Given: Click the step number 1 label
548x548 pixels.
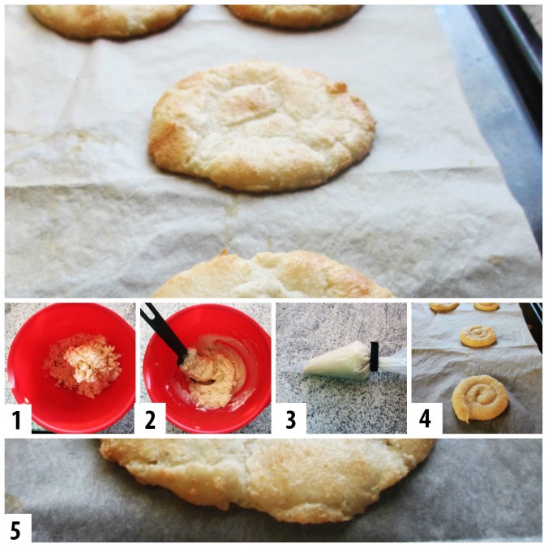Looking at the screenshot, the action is tap(16, 419).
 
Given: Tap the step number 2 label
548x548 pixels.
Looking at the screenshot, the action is tap(150, 419).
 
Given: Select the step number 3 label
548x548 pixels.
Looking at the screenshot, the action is tap(291, 419).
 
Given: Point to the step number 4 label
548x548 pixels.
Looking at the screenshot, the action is tap(425, 419).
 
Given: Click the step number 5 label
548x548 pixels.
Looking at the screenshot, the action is tap(15, 530).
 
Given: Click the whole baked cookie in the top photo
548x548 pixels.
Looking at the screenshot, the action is tap(262, 126).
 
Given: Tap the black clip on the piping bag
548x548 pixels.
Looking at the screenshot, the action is tap(375, 357).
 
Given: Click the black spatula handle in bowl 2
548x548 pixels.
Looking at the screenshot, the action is tap(164, 332).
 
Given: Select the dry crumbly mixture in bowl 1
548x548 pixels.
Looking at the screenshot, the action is tap(83, 366).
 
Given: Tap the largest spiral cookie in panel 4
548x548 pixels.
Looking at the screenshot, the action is tap(480, 398).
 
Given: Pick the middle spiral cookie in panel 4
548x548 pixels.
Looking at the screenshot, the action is tap(477, 336).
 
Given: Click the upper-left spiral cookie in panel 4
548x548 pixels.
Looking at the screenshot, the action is tap(444, 307).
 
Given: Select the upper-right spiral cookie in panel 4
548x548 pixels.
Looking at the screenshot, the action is tap(486, 306).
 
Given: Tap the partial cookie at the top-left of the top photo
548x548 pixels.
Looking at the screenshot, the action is tap(109, 20).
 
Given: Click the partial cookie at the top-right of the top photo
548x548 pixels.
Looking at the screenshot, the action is tap(293, 15).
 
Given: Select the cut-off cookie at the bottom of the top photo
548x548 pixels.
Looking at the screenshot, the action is tap(272, 276).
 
